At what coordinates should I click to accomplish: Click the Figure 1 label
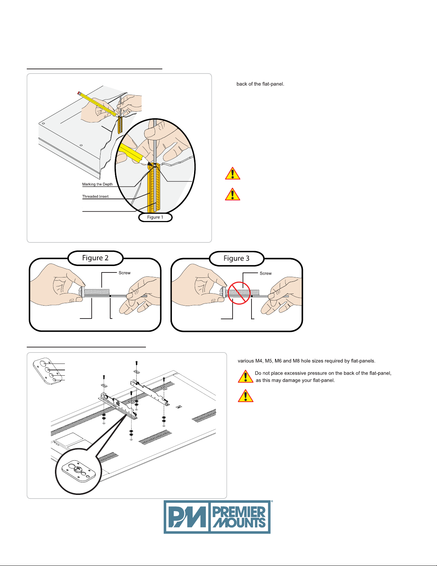pyautogui.click(x=155, y=217)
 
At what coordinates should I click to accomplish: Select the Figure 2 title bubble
pyautogui.click(x=95, y=258)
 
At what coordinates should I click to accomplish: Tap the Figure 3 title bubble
pyautogui.click(x=237, y=258)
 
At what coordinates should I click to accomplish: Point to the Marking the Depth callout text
pyautogui.click(x=97, y=184)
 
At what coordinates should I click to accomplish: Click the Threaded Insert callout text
pyautogui.click(x=95, y=196)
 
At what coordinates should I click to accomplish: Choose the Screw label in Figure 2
pyautogui.click(x=125, y=273)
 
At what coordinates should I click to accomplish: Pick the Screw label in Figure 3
pyautogui.click(x=265, y=273)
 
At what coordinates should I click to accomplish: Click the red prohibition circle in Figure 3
pyautogui.click(x=239, y=293)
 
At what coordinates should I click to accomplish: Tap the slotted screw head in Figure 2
pyautogui.click(x=82, y=292)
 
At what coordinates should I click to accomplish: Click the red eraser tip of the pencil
pyautogui.click(x=78, y=93)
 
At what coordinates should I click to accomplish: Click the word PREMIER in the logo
pyautogui.click(x=239, y=511)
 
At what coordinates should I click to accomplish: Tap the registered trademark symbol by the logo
pyautogui.click(x=272, y=502)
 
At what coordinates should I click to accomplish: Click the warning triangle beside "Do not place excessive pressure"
pyautogui.click(x=245, y=376)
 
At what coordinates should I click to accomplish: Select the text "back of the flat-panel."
pyautogui.click(x=260, y=84)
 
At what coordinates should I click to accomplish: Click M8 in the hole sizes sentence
pyautogui.click(x=296, y=361)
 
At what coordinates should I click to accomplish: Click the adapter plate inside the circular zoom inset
pyautogui.click(x=78, y=471)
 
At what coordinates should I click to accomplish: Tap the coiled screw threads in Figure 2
pyautogui.click(x=96, y=292)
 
